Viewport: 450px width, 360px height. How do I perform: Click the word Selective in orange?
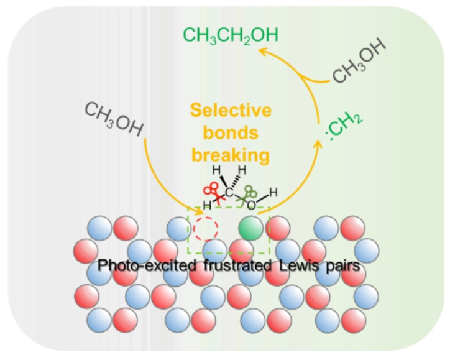pyautogui.click(x=231, y=111)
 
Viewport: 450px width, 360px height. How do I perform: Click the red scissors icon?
pyautogui.click(x=212, y=190)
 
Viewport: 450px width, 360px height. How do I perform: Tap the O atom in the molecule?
pyautogui.click(x=250, y=205)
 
